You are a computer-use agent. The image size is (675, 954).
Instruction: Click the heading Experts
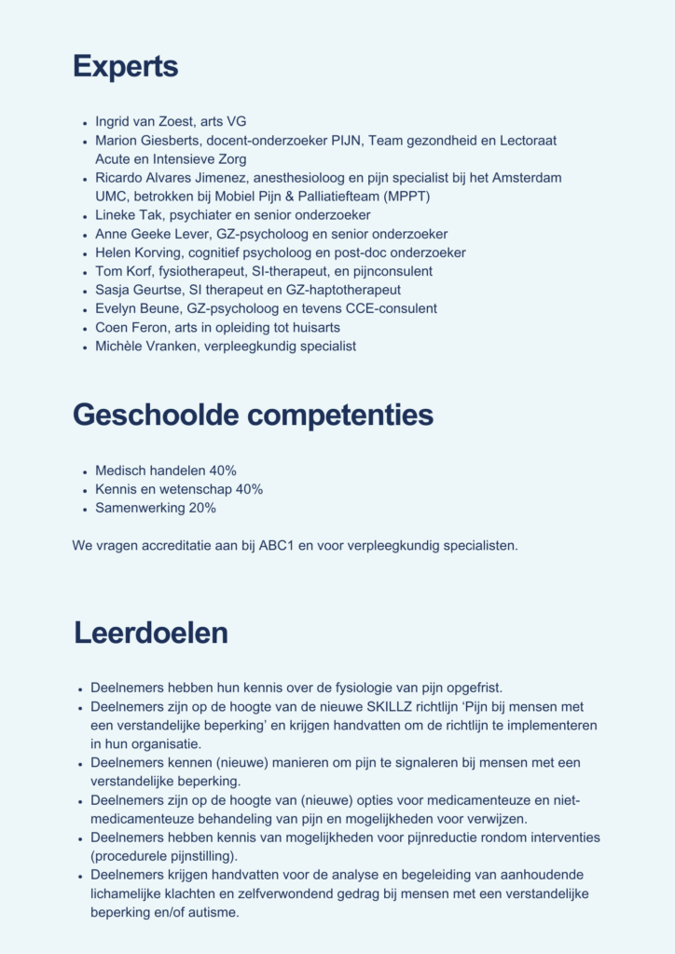[125, 67]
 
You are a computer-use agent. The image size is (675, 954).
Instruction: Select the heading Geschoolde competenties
[253, 415]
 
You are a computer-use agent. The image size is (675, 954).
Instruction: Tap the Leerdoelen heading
[151, 633]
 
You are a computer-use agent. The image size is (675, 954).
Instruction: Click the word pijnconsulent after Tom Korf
[388, 271]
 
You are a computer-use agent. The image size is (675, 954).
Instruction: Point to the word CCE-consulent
[394, 308]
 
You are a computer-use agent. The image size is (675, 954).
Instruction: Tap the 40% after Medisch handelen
[223, 470]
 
